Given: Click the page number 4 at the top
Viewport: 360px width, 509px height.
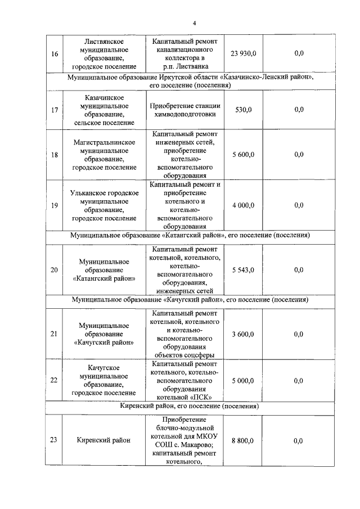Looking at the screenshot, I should point(193,23).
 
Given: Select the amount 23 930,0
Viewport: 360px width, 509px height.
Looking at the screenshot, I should point(243,53).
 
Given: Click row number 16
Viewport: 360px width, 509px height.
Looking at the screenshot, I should point(54,53).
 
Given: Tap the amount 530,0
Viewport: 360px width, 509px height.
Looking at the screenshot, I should point(243,110).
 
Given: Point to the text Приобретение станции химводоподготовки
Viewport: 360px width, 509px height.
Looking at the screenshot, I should point(185,110).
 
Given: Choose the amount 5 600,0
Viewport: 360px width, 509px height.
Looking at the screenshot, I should point(243,155).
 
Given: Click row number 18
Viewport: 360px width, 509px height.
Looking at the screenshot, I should point(54,155).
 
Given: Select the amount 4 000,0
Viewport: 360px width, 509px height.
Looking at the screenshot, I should point(243,205).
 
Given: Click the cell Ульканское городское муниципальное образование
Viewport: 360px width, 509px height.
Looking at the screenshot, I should point(105,205).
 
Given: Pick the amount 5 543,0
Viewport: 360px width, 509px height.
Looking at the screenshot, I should point(243,270).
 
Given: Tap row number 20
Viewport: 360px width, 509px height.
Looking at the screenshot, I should point(54,270).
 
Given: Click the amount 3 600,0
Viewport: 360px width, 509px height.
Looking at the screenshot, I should point(243,334).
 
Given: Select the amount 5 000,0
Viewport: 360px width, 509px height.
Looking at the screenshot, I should point(243,380).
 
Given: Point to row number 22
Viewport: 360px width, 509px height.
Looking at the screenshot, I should point(54,380).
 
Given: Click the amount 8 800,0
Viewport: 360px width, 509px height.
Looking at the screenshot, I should point(243,440).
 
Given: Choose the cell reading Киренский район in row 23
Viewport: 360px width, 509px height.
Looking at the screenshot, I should point(105,440).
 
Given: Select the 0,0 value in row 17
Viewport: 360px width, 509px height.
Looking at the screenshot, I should point(299,110).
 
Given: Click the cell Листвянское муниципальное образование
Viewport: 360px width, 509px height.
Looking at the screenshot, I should point(105,53).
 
